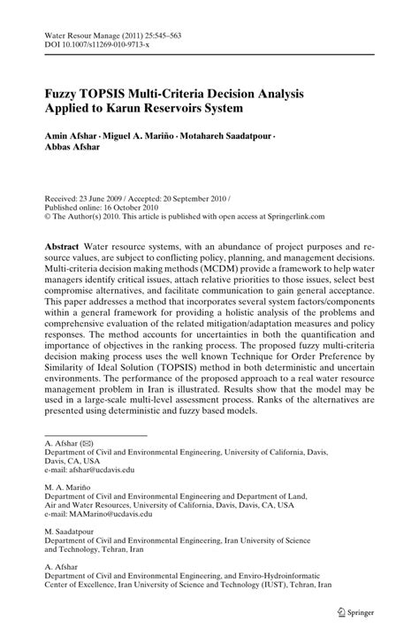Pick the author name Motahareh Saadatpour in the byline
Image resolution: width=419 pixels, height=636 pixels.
click(226, 137)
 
